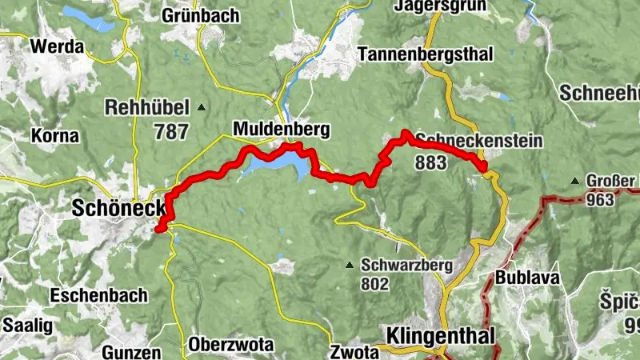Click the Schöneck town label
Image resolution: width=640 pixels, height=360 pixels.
(118, 208)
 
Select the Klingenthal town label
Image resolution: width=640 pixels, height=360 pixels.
(440, 334)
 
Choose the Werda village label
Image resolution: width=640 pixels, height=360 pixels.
(57, 46)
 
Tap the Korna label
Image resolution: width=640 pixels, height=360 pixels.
(54, 135)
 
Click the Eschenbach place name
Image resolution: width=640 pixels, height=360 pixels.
(98, 295)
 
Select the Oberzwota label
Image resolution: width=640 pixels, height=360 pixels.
(231, 345)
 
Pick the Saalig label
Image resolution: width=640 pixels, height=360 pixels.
(27, 325)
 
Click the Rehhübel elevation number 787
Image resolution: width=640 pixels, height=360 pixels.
(172, 132)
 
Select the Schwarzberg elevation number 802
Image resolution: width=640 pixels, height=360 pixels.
(374, 283)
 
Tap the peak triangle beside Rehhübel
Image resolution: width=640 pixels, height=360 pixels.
(202, 107)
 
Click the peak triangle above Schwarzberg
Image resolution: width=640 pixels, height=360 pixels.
(350, 265)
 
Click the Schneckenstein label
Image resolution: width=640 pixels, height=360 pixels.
(478, 141)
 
